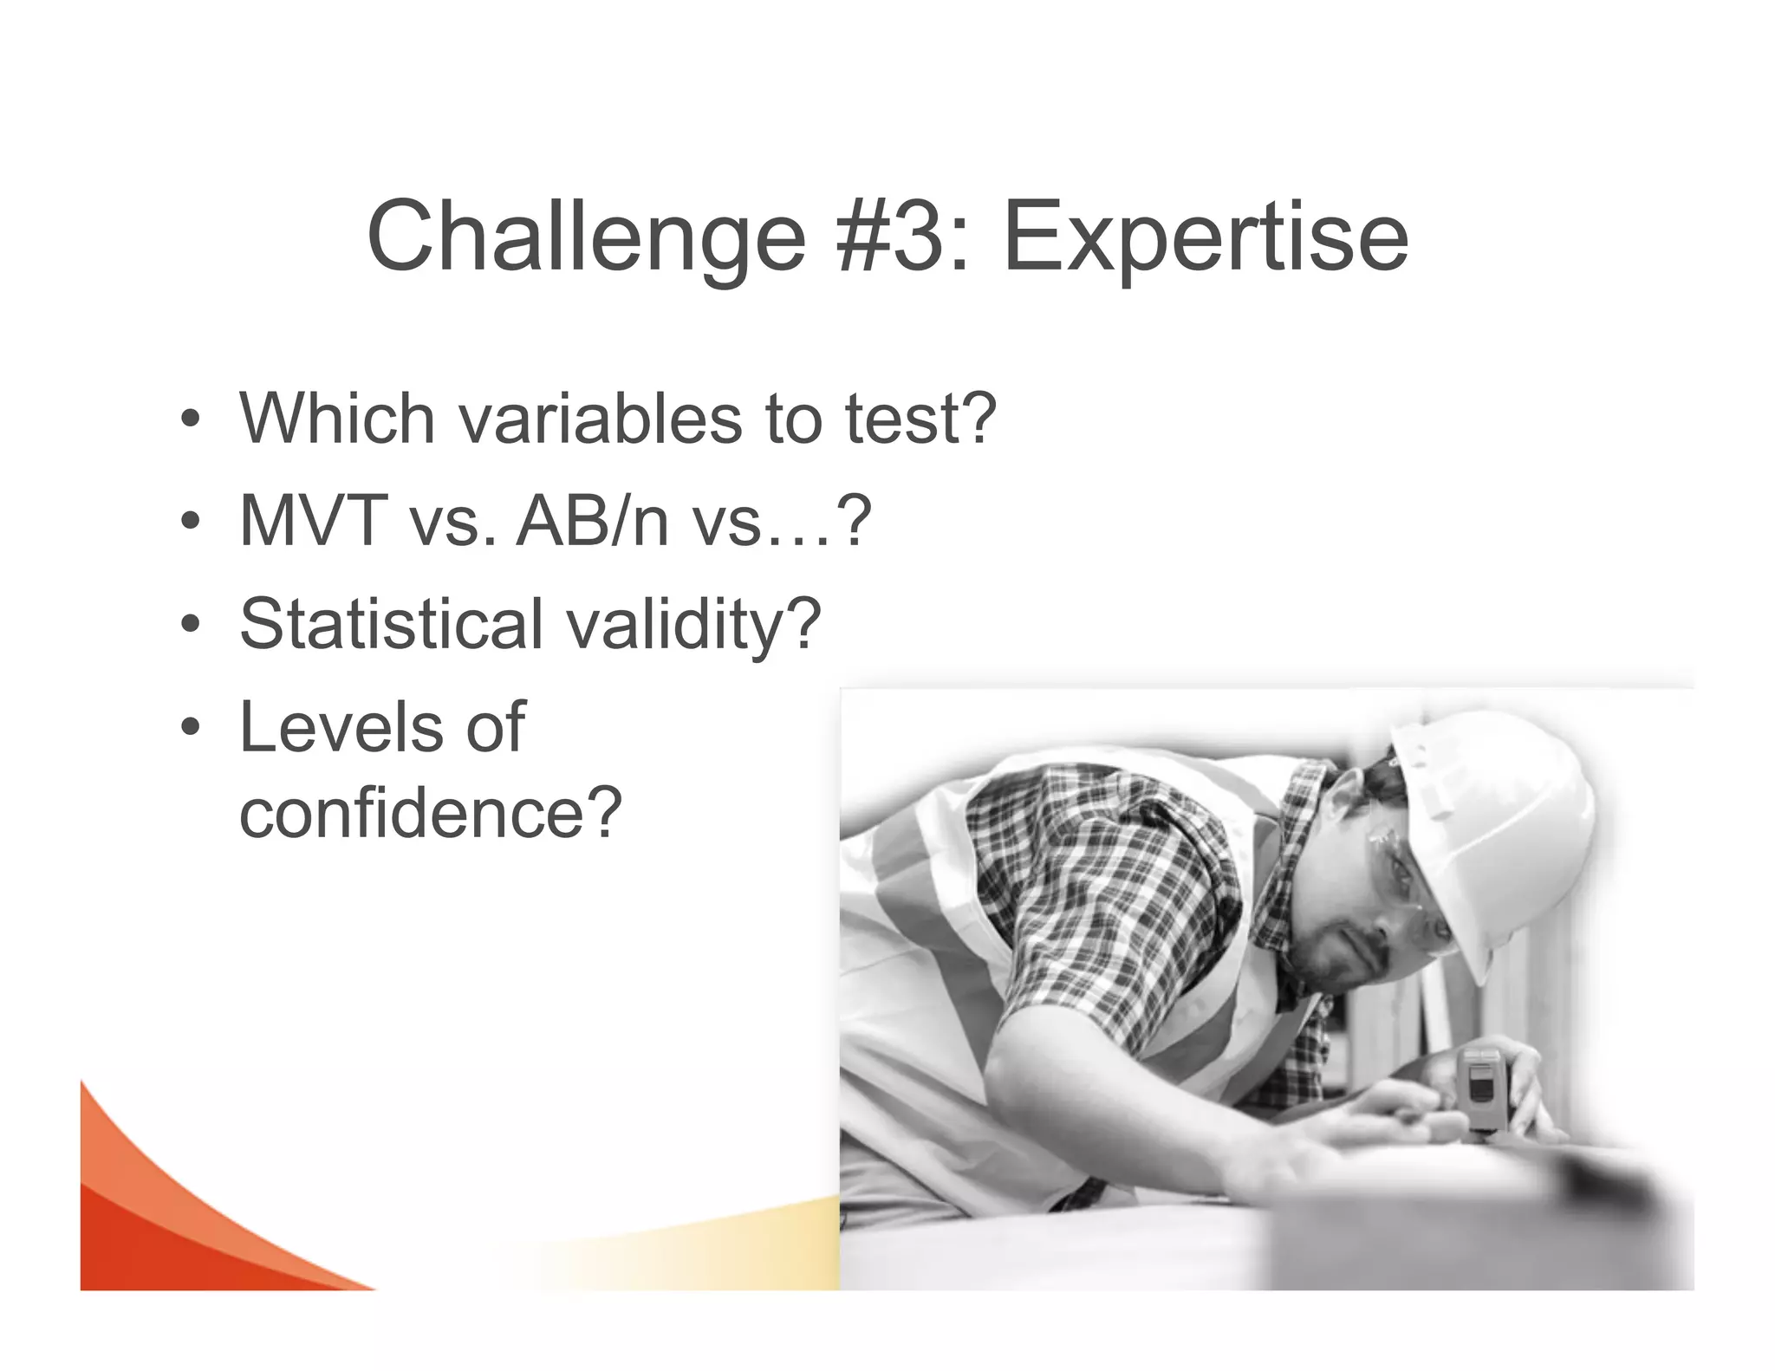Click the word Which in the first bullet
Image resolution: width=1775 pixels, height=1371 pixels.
coord(336,419)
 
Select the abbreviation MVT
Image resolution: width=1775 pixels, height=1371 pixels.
coord(312,521)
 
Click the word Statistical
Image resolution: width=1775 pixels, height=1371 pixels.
coord(389,623)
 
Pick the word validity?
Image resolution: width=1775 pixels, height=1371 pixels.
coord(693,625)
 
